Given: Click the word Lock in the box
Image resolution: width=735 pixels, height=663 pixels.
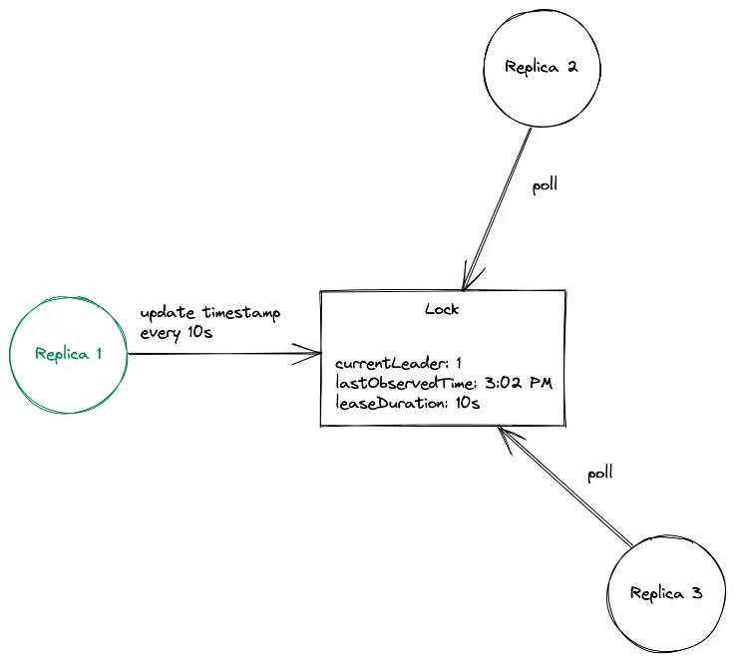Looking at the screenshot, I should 442,309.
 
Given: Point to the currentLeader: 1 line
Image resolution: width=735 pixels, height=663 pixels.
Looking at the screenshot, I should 399,364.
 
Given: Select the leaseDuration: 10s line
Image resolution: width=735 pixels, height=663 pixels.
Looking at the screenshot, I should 408,404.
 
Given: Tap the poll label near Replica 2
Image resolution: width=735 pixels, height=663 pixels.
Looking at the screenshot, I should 545,185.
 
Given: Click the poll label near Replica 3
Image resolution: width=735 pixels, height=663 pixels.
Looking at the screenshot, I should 599,473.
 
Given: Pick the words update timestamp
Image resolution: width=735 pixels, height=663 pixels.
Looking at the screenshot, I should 210,313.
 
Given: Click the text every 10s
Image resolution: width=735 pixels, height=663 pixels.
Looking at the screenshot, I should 177,333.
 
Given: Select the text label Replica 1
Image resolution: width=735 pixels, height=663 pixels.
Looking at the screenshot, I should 68,354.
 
